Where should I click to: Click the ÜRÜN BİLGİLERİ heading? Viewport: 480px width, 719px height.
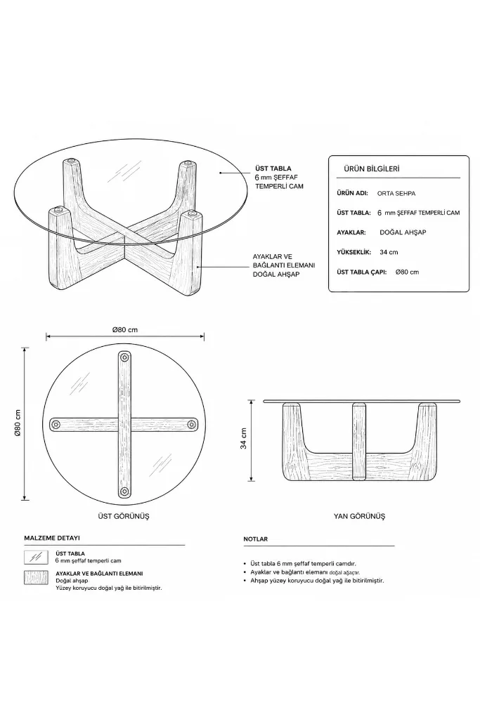[x=371, y=169]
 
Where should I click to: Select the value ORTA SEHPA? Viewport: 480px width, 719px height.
[x=396, y=194]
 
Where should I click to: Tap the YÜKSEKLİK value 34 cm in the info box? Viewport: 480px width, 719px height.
[x=389, y=252]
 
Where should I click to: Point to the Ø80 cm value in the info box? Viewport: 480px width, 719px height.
[x=407, y=272]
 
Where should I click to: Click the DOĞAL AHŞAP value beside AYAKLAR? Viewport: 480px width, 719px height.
[x=403, y=232]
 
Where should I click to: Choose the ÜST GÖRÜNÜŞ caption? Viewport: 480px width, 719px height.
[x=124, y=516]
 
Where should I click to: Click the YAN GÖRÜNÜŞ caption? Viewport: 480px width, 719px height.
[x=359, y=516]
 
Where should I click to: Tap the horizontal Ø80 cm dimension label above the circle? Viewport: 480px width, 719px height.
[x=125, y=330]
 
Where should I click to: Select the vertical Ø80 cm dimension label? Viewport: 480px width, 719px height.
[x=18, y=422]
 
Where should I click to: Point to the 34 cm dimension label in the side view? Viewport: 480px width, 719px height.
[x=243, y=438]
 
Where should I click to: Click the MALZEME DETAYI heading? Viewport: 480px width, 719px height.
[x=52, y=538]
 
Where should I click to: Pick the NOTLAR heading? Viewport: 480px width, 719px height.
[x=256, y=539]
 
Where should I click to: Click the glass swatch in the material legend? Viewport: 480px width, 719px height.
[x=36, y=557]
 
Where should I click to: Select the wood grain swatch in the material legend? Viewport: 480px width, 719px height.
[x=36, y=578]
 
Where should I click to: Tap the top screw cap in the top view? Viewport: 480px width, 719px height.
[x=124, y=357]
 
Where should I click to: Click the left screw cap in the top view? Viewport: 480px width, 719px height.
[x=56, y=423]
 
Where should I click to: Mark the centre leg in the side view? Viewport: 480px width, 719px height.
[x=359, y=441]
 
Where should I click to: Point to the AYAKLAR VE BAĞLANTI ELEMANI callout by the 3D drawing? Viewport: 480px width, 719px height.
[x=284, y=265]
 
